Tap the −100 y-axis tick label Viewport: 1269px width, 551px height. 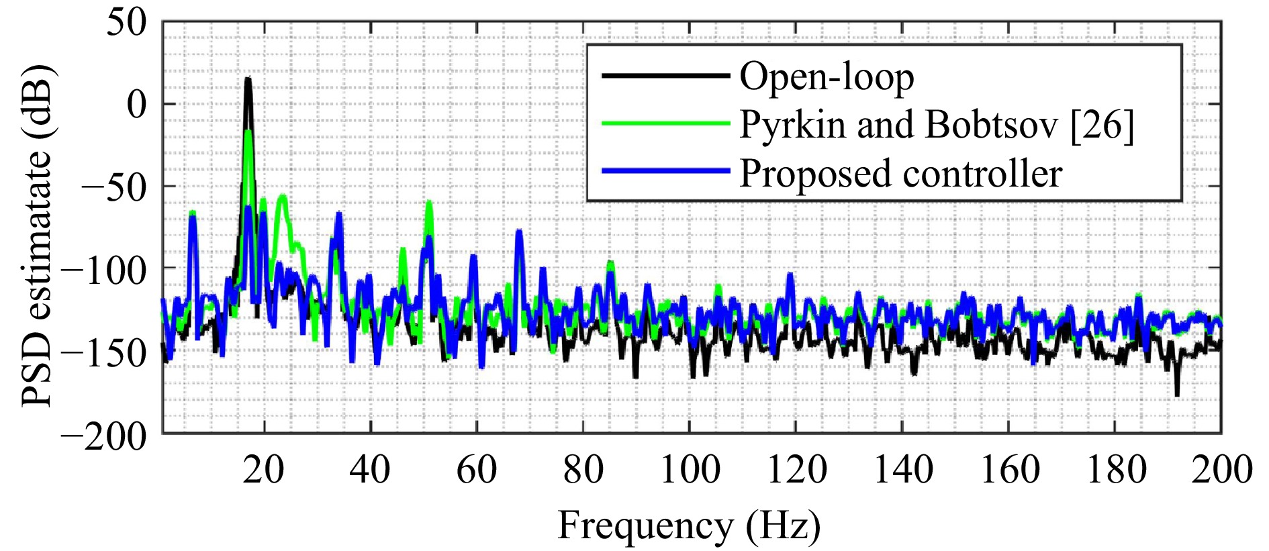click(x=103, y=270)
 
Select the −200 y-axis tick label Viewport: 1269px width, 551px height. click(x=103, y=437)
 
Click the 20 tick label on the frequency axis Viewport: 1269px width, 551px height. click(x=263, y=469)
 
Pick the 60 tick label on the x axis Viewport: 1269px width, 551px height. click(x=476, y=469)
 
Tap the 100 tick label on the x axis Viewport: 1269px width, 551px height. click(x=690, y=469)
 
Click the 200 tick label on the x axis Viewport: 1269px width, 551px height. click(x=1222, y=469)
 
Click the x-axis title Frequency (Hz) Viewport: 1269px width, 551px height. click(x=689, y=525)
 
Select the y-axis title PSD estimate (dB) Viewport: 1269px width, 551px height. click(x=37, y=235)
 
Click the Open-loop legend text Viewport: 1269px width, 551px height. click(x=827, y=77)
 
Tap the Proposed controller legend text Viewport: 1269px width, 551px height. click(x=900, y=173)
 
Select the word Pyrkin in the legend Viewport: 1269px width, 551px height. click(x=792, y=126)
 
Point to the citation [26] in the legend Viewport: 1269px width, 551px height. click(x=1102, y=125)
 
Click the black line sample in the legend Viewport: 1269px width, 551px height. click(x=665, y=76)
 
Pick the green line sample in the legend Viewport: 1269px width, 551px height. click(x=665, y=123)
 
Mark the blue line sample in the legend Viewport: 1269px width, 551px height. click(x=665, y=171)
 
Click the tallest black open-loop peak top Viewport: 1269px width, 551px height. click(x=248, y=79)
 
